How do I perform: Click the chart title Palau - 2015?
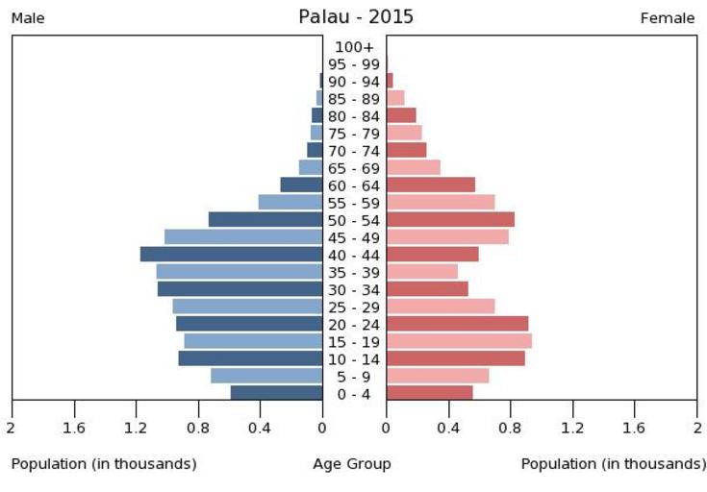[355, 17]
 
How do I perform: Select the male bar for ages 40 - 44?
[231, 255]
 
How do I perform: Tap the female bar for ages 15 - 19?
[459, 341]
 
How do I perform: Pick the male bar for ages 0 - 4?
[276, 393]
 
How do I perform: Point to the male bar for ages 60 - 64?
[301, 184]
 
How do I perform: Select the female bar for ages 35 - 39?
[422, 272]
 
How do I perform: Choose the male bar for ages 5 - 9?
[266, 376]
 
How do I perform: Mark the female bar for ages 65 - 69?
[414, 167]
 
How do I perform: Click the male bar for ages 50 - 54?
[265, 220]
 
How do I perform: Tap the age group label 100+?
[354, 47]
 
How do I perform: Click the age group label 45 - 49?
[354, 237]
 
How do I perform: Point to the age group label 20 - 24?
[354, 324]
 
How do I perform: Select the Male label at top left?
[28, 18]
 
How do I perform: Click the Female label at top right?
[667, 18]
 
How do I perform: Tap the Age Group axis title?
[352, 464]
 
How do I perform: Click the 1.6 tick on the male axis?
[74, 428]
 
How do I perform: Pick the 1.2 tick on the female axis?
[573, 428]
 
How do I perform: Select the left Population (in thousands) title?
[104, 464]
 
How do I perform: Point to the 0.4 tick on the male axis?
[260, 428]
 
